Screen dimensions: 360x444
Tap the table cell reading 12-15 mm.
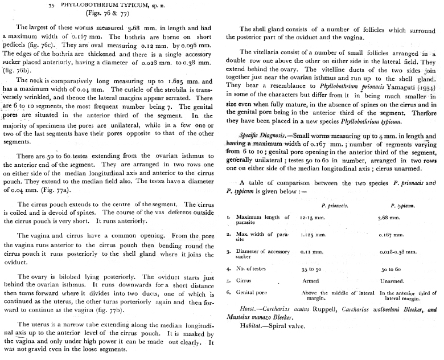pos(313,218)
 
